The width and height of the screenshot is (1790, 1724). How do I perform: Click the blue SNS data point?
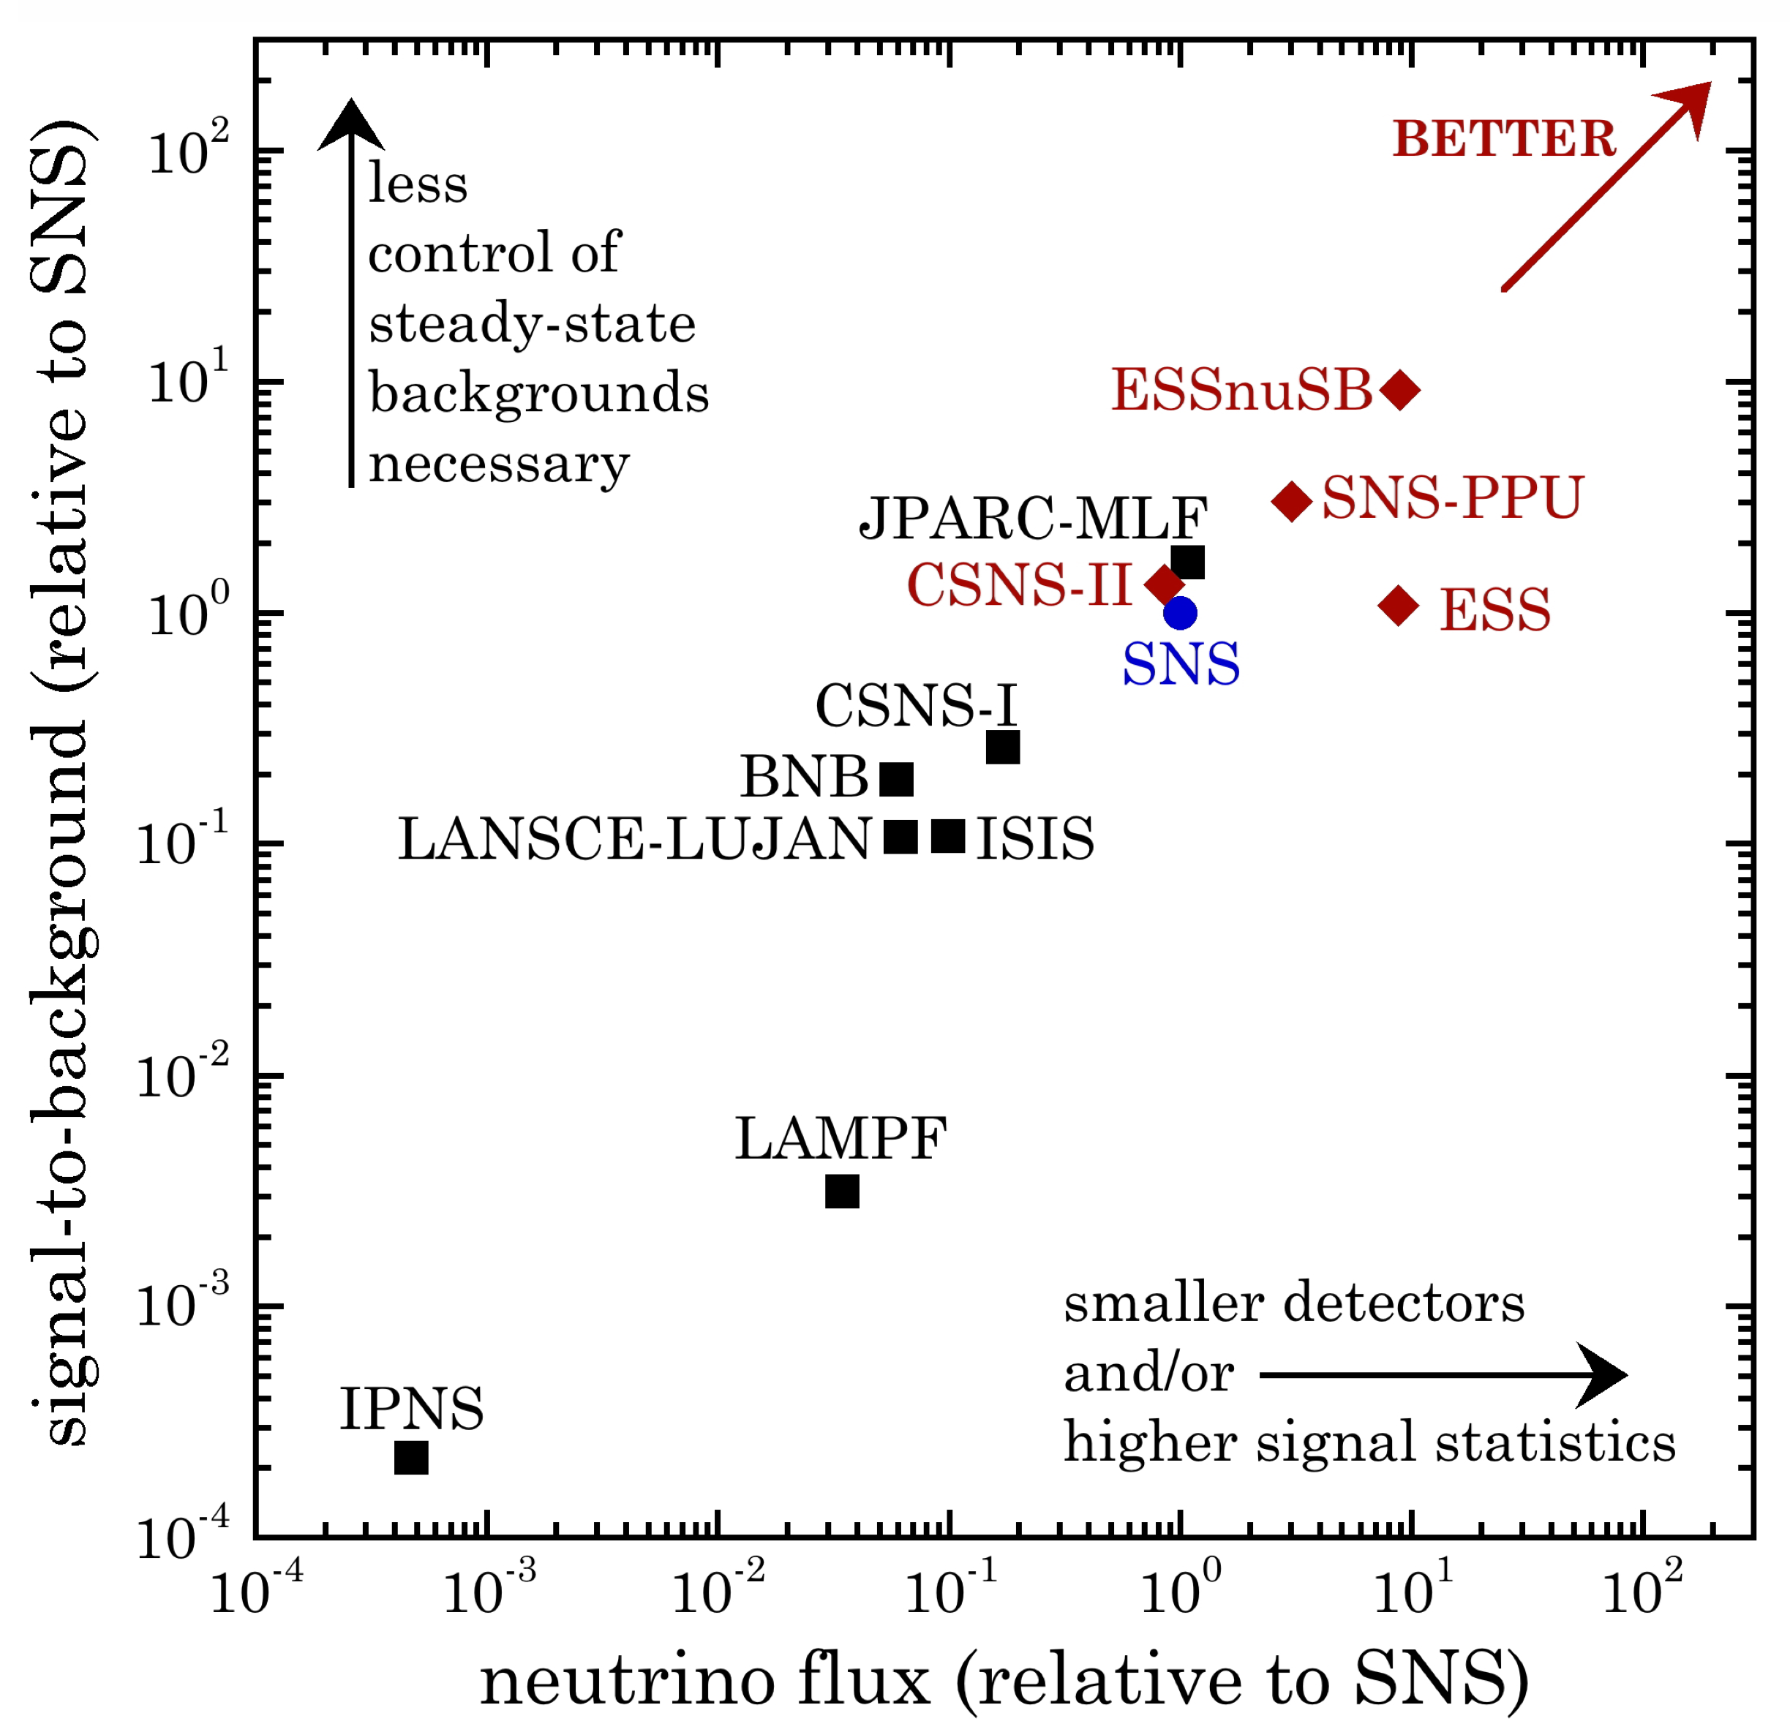point(1180,613)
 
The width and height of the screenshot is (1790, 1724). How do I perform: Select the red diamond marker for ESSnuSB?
point(1400,390)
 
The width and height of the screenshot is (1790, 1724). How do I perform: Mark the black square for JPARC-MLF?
point(1187,562)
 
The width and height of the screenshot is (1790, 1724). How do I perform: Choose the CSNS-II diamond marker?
point(1165,584)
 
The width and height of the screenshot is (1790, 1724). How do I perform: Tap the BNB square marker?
point(897,779)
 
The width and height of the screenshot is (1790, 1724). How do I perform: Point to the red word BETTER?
point(1503,139)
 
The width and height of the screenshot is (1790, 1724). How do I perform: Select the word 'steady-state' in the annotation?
point(532,323)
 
